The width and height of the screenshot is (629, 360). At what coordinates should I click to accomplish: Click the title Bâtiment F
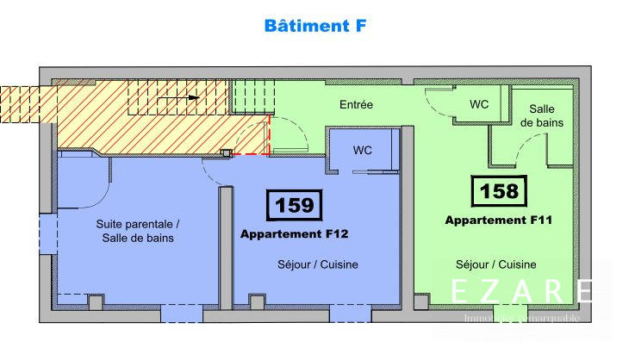(x=315, y=26)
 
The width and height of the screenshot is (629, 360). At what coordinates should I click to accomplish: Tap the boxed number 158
(x=499, y=189)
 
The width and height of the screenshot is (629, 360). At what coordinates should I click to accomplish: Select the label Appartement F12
(x=293, y=233)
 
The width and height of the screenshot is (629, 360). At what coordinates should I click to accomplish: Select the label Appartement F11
(x=498, y=220)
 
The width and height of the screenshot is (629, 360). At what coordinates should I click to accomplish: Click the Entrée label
(x=356, y=105)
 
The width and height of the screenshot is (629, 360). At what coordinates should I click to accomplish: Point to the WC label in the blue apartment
(x=363, y=150)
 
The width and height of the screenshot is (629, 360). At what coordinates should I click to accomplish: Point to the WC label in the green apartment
(x=479, y=103)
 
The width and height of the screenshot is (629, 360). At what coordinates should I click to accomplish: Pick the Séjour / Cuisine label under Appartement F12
(x=318, y=264)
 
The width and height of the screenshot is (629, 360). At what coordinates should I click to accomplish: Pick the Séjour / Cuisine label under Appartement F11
(x=496, y=264)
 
